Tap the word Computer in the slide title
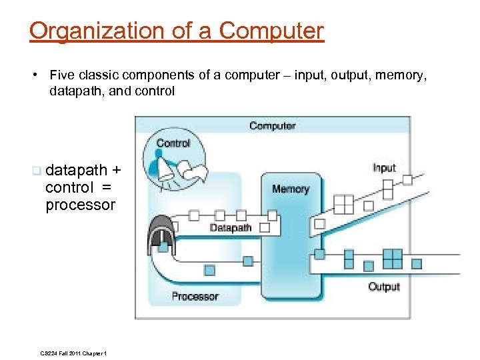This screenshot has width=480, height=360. (x=271, y=31)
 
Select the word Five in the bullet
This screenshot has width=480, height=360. (x=61, y=75)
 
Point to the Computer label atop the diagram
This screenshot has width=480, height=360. (x=272, y=125)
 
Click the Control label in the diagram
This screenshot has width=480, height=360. (x=173, y=143)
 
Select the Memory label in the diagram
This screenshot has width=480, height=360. (x=290, y=189)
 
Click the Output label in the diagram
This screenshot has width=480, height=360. (x=384, y=287)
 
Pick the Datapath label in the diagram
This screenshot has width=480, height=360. (x=231, y=228)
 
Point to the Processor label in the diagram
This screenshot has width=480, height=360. (x=195, y=296)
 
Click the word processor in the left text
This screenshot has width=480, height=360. (x=80, y=205)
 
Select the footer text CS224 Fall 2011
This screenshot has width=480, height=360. (x=63, y=353)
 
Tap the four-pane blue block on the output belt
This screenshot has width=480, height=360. (x=393, y=258)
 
